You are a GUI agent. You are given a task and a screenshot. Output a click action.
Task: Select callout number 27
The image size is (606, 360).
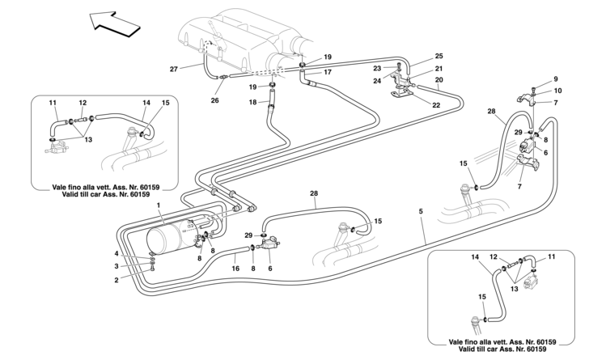[x=174, y=70]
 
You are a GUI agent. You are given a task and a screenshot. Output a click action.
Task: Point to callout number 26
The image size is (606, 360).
[x=214, y=101]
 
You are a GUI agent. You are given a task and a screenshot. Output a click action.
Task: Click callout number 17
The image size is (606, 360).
[x=328, y=73]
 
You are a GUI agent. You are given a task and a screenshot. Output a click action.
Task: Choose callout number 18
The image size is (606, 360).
[x=252, y=102]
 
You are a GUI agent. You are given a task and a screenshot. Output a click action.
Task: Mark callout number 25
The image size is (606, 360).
[x=439, y=56]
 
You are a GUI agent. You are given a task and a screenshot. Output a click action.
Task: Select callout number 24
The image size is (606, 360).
[x=377, y=80]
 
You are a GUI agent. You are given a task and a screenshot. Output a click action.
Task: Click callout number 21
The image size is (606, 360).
[x=439, y=69]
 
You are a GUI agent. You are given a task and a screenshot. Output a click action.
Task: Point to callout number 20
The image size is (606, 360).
[x=439, y=81]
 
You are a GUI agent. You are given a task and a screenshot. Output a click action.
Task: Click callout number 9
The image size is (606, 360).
[x=556, y=78]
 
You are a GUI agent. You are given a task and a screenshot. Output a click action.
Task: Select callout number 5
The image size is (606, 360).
[x=422, y=213]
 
